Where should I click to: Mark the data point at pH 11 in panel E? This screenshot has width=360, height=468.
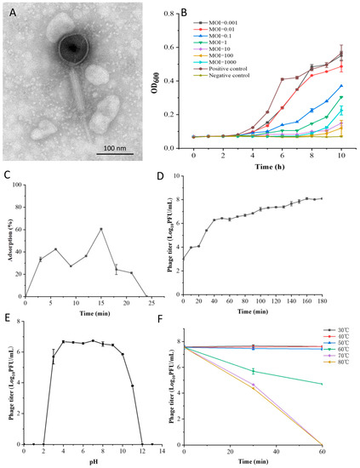132,362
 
